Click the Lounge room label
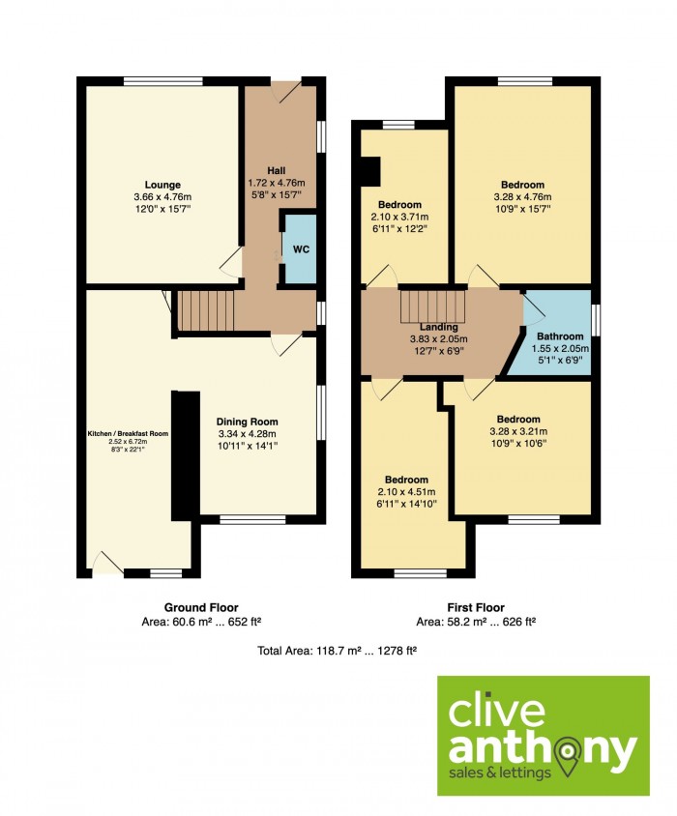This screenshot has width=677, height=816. [162, 185]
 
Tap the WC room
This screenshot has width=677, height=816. [300, 248]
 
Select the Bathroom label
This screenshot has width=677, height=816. [560, 336]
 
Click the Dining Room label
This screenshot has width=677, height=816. [247, 422]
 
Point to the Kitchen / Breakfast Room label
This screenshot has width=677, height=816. [128, 433]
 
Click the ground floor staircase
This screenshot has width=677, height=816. [206, 310]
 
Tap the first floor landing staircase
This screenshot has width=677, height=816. [431, 306]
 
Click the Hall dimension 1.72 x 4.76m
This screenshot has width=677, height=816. [276, 183]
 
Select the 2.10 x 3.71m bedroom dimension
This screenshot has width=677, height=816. [399, 217]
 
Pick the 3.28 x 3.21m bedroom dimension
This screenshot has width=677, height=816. [518, 431]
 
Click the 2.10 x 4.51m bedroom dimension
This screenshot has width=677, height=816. [407, 492]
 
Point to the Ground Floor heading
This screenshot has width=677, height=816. [201, 607]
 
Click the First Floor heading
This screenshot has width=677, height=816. [476, 607]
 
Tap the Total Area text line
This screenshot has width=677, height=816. [337, 650]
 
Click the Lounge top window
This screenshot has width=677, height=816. [163, 80]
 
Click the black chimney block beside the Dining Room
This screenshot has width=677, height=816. [186, 456]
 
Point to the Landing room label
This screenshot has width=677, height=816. [438, 327]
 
